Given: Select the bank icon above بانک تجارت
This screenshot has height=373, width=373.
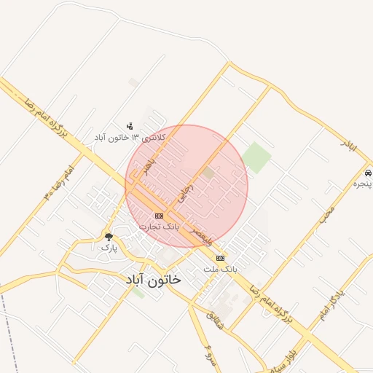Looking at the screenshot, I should point(159,216).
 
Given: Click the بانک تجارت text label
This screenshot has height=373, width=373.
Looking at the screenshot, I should point(159,227).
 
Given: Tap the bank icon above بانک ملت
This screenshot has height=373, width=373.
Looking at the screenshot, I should point(220,258).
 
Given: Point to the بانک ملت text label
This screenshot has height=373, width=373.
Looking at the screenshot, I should point(220,270).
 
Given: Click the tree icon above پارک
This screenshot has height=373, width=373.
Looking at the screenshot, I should point(109,237).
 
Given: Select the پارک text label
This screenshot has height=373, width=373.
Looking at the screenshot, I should point(109,248).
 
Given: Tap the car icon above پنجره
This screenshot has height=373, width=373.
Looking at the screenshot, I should point(368,173).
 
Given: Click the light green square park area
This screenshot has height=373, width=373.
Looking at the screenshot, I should point(256,157).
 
